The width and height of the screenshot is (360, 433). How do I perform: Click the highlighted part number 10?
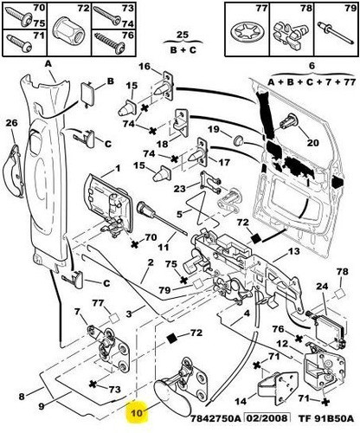(137, 413)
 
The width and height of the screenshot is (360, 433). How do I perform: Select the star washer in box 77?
(245, 32)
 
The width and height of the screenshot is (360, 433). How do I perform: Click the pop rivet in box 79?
(335, 33)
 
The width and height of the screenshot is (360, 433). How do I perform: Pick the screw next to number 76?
(109, 43)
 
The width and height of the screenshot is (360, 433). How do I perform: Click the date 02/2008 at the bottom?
(267, 418)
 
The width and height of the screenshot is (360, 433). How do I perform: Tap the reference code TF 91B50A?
(325, 418)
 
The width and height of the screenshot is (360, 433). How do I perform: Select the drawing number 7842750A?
(215, 418)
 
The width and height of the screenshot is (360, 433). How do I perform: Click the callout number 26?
(12, 123)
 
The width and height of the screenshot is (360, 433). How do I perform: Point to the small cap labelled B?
(88, 93)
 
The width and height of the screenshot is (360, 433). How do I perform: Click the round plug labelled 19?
(238, 140)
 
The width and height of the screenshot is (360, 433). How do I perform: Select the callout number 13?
(293, 251)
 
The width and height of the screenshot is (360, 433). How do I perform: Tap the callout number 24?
(322, 287)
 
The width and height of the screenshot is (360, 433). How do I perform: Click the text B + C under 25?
(183, 49)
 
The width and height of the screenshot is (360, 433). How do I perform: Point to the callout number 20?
(313, 143)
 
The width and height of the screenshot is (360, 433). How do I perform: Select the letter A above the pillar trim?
(48, 64)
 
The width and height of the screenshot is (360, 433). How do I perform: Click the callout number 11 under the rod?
(164, 247)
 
